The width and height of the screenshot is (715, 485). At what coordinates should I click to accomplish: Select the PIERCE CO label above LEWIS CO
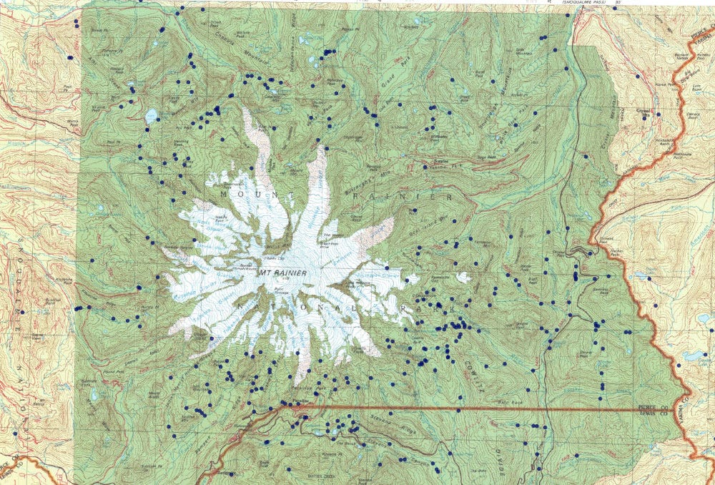[653, 406]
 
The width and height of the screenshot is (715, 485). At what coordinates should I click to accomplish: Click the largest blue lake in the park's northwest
[151, 115]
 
